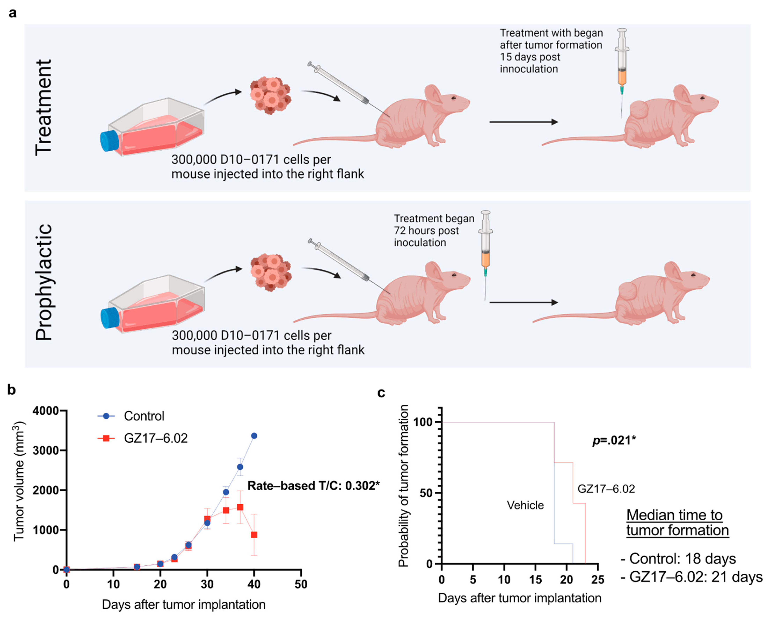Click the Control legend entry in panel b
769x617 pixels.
pos(143,416)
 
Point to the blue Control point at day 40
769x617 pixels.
pos(254,436)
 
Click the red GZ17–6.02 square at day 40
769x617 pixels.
pos(254,535)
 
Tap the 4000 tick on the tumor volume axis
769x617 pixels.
pos(46,411)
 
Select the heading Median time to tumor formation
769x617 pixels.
pos(677,523)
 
